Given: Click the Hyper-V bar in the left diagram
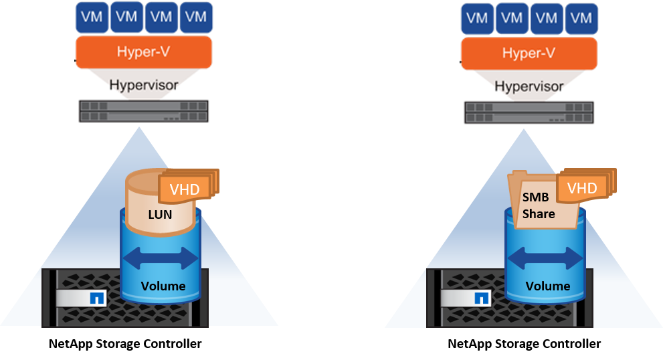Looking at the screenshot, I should pos(144,52).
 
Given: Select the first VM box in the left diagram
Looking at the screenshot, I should pos(92,17).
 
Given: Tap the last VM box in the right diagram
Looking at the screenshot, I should pos(581,18).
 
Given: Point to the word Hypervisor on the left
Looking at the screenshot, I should pos(144,86).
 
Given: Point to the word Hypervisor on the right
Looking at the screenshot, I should pos(529,86).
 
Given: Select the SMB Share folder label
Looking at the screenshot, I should pos(539,205).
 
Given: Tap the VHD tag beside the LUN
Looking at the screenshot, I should pos(183,190).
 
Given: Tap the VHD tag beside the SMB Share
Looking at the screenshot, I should pos(581,188).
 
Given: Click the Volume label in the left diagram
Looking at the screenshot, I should pos(163,286).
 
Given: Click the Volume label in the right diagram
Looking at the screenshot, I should pos(548,286).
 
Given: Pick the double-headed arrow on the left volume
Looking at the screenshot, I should pos(161,257).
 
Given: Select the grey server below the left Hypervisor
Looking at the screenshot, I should pos(144,111).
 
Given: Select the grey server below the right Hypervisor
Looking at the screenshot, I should pos(529,111).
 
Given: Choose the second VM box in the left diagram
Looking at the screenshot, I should pos(126,17).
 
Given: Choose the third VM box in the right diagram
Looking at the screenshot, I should pos(547,18).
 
